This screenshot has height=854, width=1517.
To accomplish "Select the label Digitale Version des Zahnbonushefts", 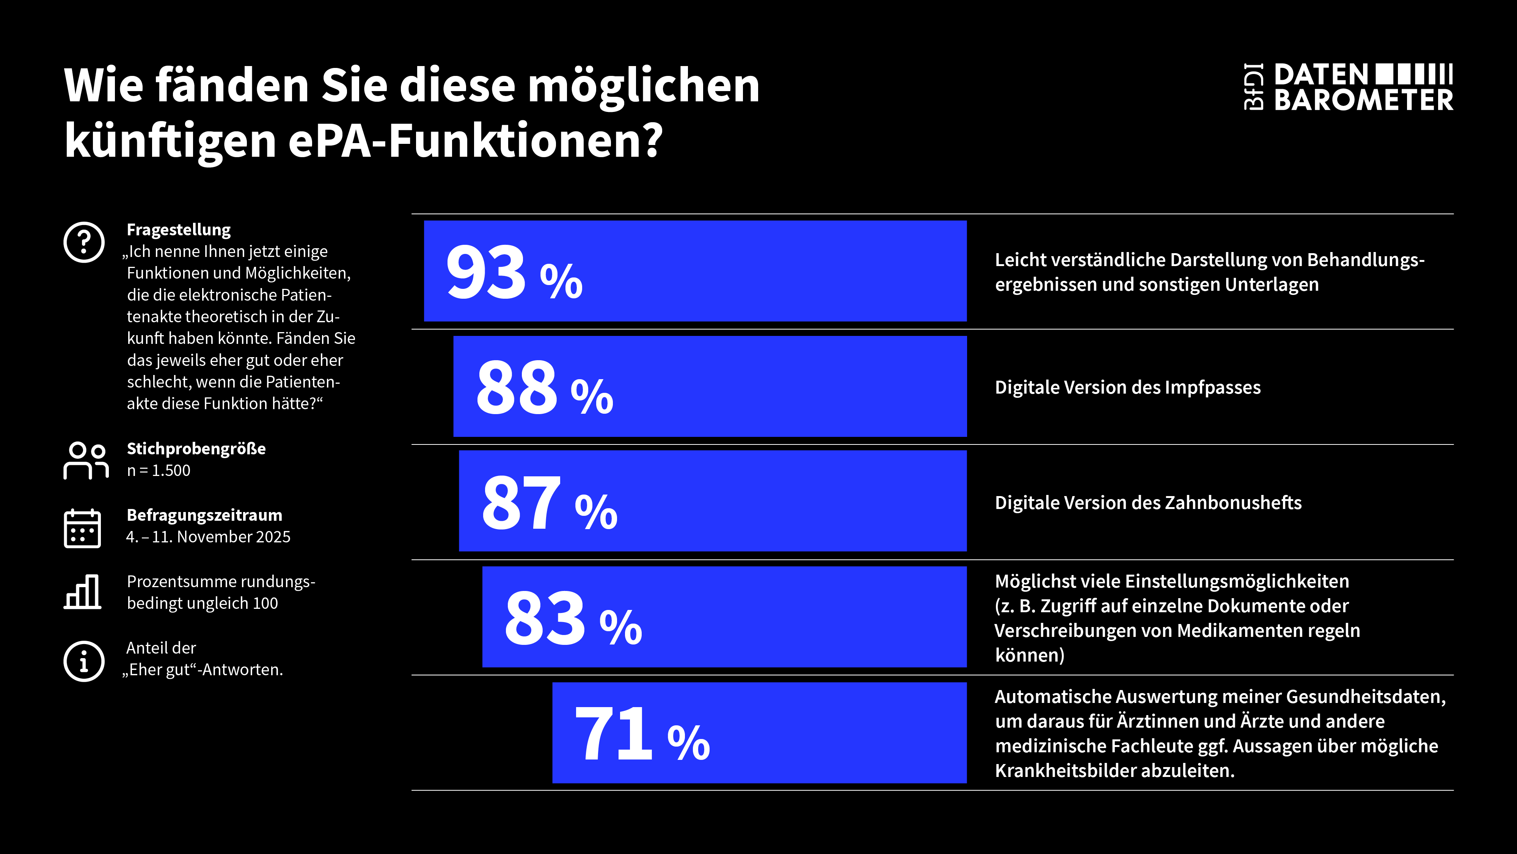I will click(x=1148, y=503).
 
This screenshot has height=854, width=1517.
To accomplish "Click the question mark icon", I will click(x=84, y=242).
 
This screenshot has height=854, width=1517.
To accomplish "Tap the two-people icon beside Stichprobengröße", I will click(x=86, y=460).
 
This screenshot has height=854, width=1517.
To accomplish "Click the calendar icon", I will click(x=82, y=529).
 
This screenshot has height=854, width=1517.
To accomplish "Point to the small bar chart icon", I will click(x=82, y=592).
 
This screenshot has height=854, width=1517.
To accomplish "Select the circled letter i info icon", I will click(x=84, y=661).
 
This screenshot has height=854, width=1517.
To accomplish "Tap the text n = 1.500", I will click(x=159, y=470).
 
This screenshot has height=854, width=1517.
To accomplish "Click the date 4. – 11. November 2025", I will click(x=208, y=537).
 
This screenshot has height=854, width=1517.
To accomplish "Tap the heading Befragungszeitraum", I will click(x=204, y=515).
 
